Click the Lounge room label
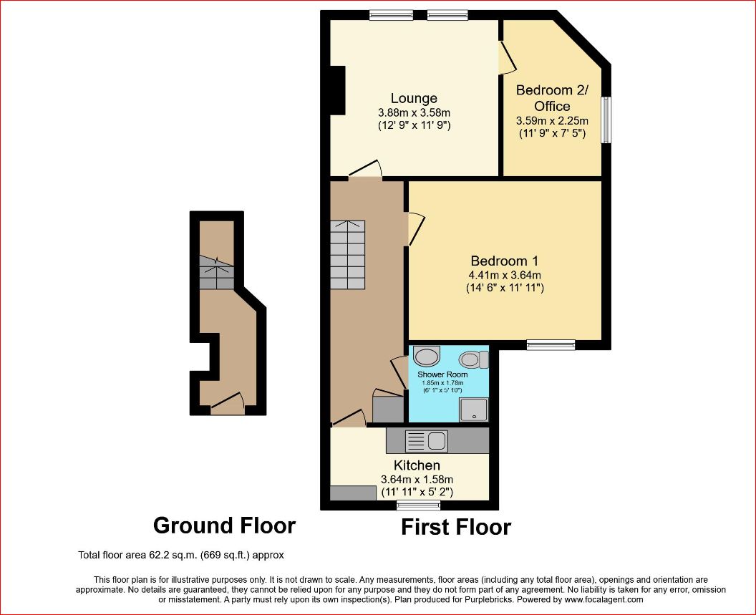(414, 98)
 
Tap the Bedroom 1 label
(504, 261)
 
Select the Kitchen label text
(417, 465)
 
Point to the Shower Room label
(442, 374)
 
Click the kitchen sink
(427, 440)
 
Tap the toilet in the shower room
(473, 359)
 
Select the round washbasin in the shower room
(427, 357)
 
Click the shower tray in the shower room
(473, 410)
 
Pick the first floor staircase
(348, 255)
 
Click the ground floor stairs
(217, 272)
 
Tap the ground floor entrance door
(228, 403)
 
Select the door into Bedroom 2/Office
(507, 57)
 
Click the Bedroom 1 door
(416, 228)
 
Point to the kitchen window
(419, 505)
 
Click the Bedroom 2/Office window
(606, 120)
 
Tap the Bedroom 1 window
(551, 344)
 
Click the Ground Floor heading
(224, 526)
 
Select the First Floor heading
(456, 527)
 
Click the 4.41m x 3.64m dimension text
(505, 276)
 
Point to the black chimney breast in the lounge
(337, 90)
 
